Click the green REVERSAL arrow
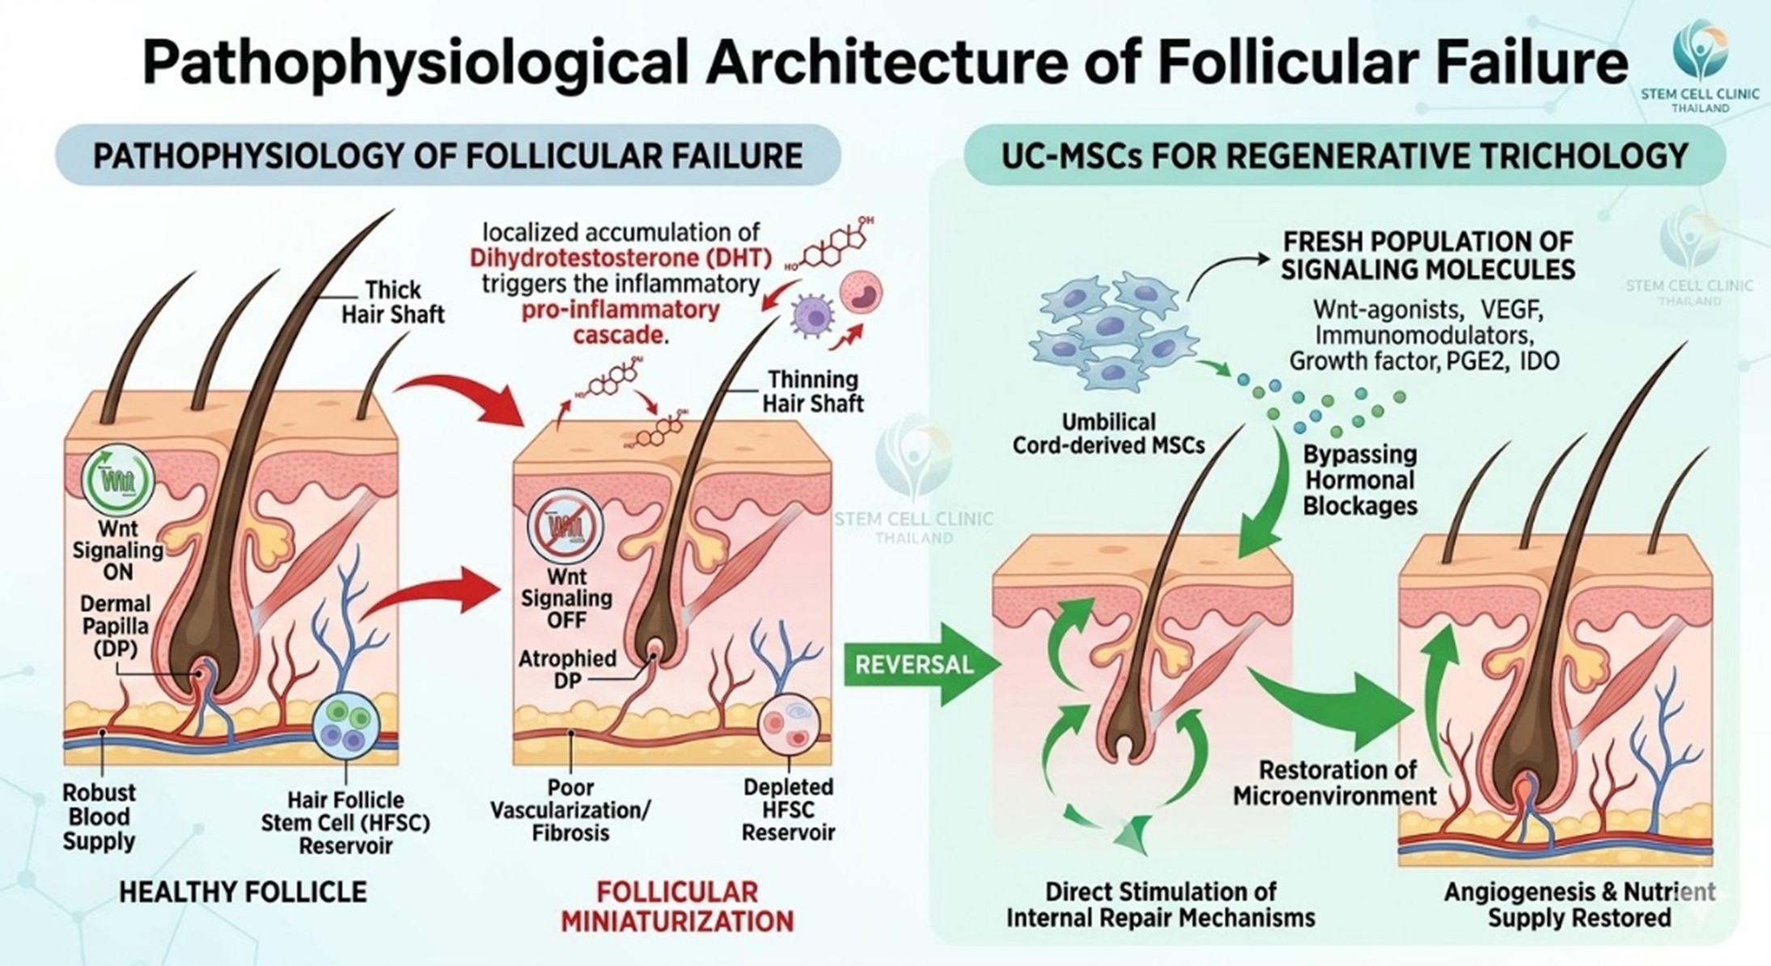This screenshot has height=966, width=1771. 918,665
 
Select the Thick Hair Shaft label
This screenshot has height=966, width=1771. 392,302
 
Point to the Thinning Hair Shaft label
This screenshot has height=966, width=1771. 812,391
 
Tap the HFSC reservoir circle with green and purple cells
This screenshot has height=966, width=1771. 346,724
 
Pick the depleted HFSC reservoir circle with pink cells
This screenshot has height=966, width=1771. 789,722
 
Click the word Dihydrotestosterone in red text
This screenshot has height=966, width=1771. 574,258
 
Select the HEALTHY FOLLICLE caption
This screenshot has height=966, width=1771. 243,892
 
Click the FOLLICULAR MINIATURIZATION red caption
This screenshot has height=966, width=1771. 677,906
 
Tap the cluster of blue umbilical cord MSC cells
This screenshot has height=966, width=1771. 1112,332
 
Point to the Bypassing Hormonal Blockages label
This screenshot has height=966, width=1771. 1359,480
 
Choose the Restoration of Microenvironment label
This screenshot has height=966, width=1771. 1335,782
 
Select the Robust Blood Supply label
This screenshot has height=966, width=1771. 99,816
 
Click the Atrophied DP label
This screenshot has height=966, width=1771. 567,669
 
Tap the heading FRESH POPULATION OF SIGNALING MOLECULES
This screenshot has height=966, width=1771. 1428,255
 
